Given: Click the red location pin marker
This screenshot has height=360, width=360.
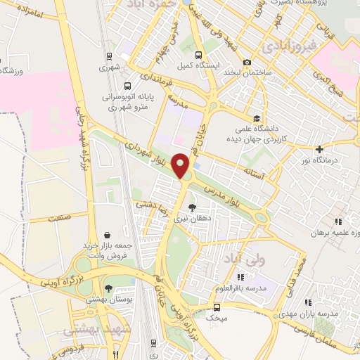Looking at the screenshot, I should point(182,166).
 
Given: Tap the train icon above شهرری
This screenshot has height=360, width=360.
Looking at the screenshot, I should point(108,56).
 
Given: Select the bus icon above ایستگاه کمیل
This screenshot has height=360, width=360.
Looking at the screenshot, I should point(198,56).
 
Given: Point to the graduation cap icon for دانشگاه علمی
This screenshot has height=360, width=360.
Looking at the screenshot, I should point(257,119).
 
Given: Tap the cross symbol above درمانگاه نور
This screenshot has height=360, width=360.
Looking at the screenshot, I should point(319,149).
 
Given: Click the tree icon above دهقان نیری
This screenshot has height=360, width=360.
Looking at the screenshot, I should point(193,207).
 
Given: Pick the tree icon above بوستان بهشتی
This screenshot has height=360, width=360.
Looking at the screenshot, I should point(108,288).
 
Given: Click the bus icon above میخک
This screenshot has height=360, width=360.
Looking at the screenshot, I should point(217,307).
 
